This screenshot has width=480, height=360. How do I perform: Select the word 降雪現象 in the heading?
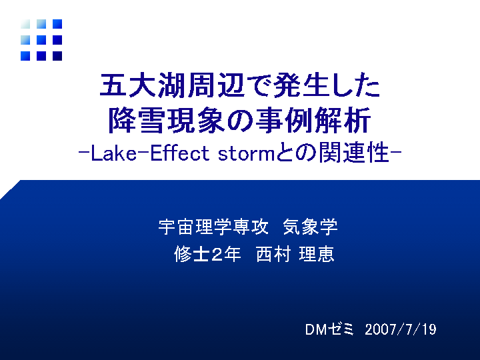[167, 120]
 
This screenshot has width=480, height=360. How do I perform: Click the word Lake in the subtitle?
[113, 153]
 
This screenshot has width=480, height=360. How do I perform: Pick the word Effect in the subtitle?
[180, 153]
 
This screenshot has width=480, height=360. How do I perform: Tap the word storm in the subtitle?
[247, 154]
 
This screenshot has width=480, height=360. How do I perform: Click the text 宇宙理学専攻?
[213, 227]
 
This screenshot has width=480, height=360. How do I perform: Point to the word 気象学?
[310, 227]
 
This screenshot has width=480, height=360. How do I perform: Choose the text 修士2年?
[207, 254]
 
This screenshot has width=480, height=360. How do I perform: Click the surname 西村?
[273, 254]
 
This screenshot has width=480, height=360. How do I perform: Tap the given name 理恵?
[317, 254]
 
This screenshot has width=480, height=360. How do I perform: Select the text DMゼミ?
[329, 329]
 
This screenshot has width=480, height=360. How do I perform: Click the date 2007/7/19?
[401, 329]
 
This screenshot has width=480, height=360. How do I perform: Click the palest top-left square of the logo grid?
[25, 24]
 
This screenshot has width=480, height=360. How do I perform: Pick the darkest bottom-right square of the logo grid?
[57, 56]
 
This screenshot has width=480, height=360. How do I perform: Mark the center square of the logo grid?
[41, 40]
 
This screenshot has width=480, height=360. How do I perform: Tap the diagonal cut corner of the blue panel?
[11, 190]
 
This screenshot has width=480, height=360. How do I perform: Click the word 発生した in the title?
[327, 85]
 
